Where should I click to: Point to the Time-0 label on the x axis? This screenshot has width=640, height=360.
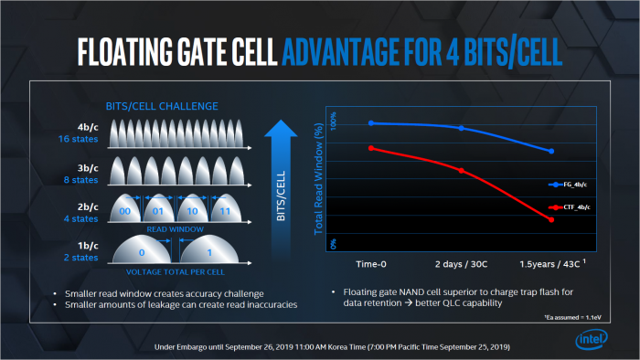coord(370,264)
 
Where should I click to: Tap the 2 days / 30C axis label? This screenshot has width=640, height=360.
coord(461,264)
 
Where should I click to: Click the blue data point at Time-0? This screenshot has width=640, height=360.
coord(370,122)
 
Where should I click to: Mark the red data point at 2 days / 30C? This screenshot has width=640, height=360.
coord(461,170)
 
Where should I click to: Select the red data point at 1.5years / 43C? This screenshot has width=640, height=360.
coord(551,220)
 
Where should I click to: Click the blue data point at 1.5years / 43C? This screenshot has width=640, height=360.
coord(551,151)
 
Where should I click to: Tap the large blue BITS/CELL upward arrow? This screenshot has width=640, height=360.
coord(282,175)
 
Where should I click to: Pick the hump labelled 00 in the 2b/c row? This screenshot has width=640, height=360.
coord(136,208)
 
